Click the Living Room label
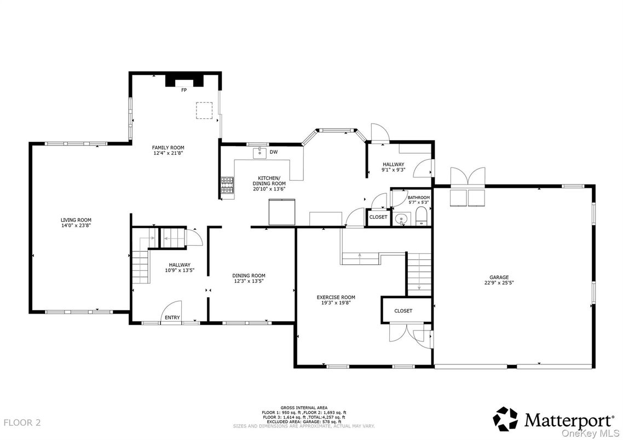(76, 220)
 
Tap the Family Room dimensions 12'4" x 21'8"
(168, 153)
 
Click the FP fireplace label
(184, 90)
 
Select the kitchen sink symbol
(260, 153)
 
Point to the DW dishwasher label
(273, 152)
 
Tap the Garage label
(499, 277)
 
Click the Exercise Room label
(336, 297)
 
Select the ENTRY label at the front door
(172, 318)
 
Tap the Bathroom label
(418, 198)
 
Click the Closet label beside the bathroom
(378, 217)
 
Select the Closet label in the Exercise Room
(403, 311)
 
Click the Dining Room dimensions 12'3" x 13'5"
(249, 281)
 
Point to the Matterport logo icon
(505, 419)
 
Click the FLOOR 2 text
(22, 422)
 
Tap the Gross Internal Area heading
(304, 408)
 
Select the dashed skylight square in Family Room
(204, 111)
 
